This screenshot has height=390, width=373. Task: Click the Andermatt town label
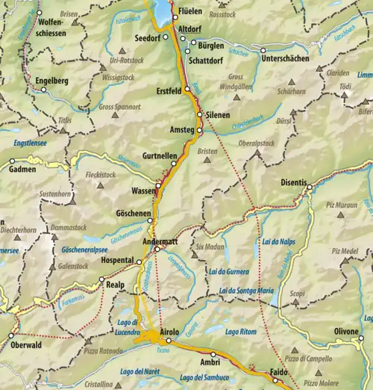(160, 241)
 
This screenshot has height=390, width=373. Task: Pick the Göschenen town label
(134, 214)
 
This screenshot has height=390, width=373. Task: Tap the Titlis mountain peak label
(66, 120)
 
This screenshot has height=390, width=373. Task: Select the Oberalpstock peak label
(256, 143)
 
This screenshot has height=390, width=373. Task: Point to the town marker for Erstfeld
(188, 90)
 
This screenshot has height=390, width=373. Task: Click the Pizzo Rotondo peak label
(104, 349)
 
